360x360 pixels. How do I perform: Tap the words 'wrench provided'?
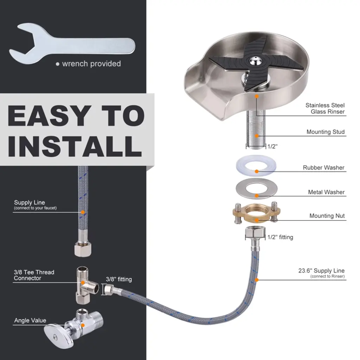tap(91, 64)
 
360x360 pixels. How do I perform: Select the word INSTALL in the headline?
tap(75, 146)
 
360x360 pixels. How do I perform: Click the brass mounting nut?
tap(257, 213)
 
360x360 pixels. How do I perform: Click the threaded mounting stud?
tap(256, 129)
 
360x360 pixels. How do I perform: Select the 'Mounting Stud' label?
tap(325, 132)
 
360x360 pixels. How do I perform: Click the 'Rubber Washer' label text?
tap(323, 168)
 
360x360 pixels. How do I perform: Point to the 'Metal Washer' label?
tap(326, 192)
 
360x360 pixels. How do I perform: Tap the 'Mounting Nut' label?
tap(327, 216)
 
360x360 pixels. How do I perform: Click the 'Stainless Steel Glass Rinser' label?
tap(325, 108)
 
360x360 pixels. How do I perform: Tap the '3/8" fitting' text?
tap(119, 279)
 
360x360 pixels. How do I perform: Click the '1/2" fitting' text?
tap(280, 237)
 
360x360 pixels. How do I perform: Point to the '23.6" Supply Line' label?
tap(321, 271)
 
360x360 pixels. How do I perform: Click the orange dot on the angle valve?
tap(83, 325)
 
